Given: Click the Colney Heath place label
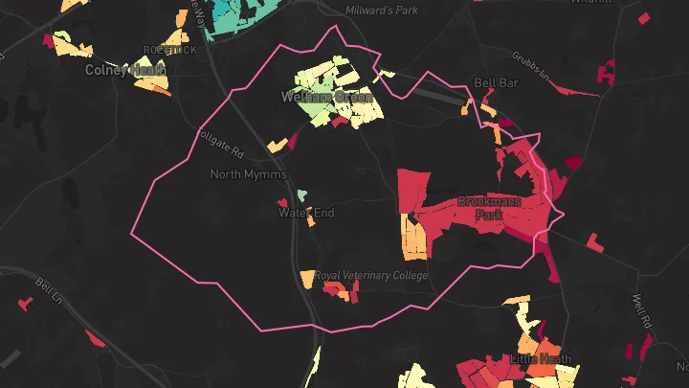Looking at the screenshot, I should (126, 70).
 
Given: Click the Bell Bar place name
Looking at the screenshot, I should (496, 83).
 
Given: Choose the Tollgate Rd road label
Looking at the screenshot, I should (220, 144).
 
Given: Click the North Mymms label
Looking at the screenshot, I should (248, 174).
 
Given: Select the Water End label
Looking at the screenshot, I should (306, 213).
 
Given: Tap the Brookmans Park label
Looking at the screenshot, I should (489, 208).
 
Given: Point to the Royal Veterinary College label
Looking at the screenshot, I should (371, 275).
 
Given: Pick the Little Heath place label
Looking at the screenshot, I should (541, 358).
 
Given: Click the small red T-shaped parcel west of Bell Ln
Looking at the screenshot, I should (24, 304).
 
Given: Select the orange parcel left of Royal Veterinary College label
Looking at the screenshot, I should (306, 279).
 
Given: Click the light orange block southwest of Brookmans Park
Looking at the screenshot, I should (414, 240).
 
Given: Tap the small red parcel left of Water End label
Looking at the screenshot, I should (283, 203).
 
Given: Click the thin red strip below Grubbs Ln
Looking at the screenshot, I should (573, 90).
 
